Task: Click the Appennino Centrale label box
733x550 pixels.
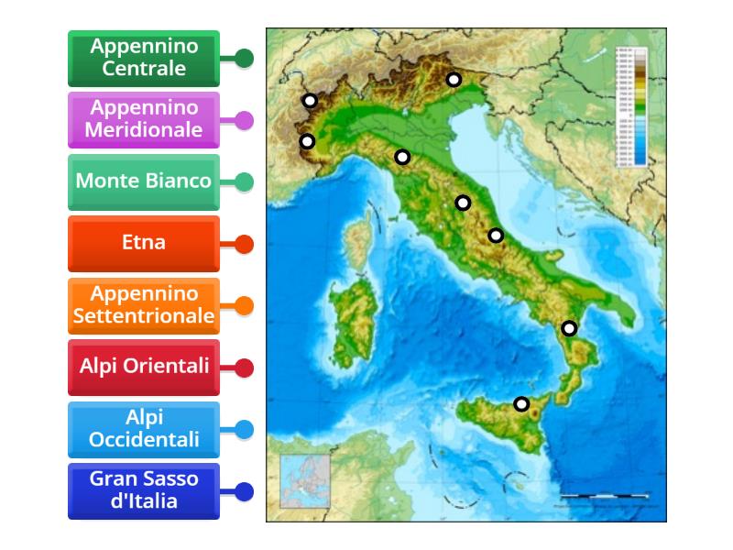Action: click(144, 59)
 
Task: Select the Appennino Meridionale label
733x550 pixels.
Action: click(144, 120)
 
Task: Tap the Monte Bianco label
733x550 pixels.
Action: click(144, 181)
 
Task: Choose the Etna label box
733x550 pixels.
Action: click(144, 244)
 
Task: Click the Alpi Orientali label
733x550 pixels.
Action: click(144, 367)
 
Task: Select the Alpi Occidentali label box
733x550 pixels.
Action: click(144, 429)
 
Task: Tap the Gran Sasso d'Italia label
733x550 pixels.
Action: click(144, 490)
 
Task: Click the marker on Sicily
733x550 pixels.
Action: click(521, 403)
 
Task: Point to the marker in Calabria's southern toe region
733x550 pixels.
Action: click(570, 328)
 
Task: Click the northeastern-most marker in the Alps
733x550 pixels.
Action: click(454, 80)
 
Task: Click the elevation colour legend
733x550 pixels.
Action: click(631, 107)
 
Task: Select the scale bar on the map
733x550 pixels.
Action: click(605, 497)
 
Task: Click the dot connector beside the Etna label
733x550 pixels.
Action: click(244, 244)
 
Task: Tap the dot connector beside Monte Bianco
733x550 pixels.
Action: click(244, 181)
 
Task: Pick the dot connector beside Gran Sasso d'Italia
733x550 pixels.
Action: click(244, 491)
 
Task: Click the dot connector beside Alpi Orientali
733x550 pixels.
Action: click(244, 368)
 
